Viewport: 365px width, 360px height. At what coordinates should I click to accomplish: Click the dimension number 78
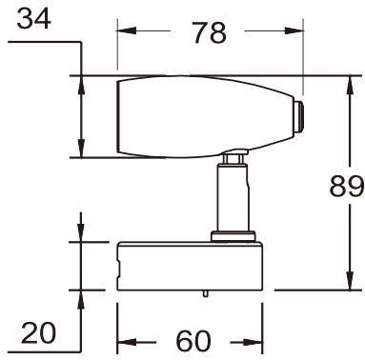tap(208, 32)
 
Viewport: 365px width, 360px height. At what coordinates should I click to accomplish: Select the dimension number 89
tap(343, 187)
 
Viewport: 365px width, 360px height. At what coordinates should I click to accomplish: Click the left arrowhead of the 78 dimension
tap(123, 31)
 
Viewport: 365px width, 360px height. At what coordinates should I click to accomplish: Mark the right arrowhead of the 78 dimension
tap(294, 31)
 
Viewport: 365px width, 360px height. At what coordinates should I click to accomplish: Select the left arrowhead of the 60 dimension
tap(123, 341)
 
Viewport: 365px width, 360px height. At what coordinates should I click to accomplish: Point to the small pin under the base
tap(207, 294)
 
